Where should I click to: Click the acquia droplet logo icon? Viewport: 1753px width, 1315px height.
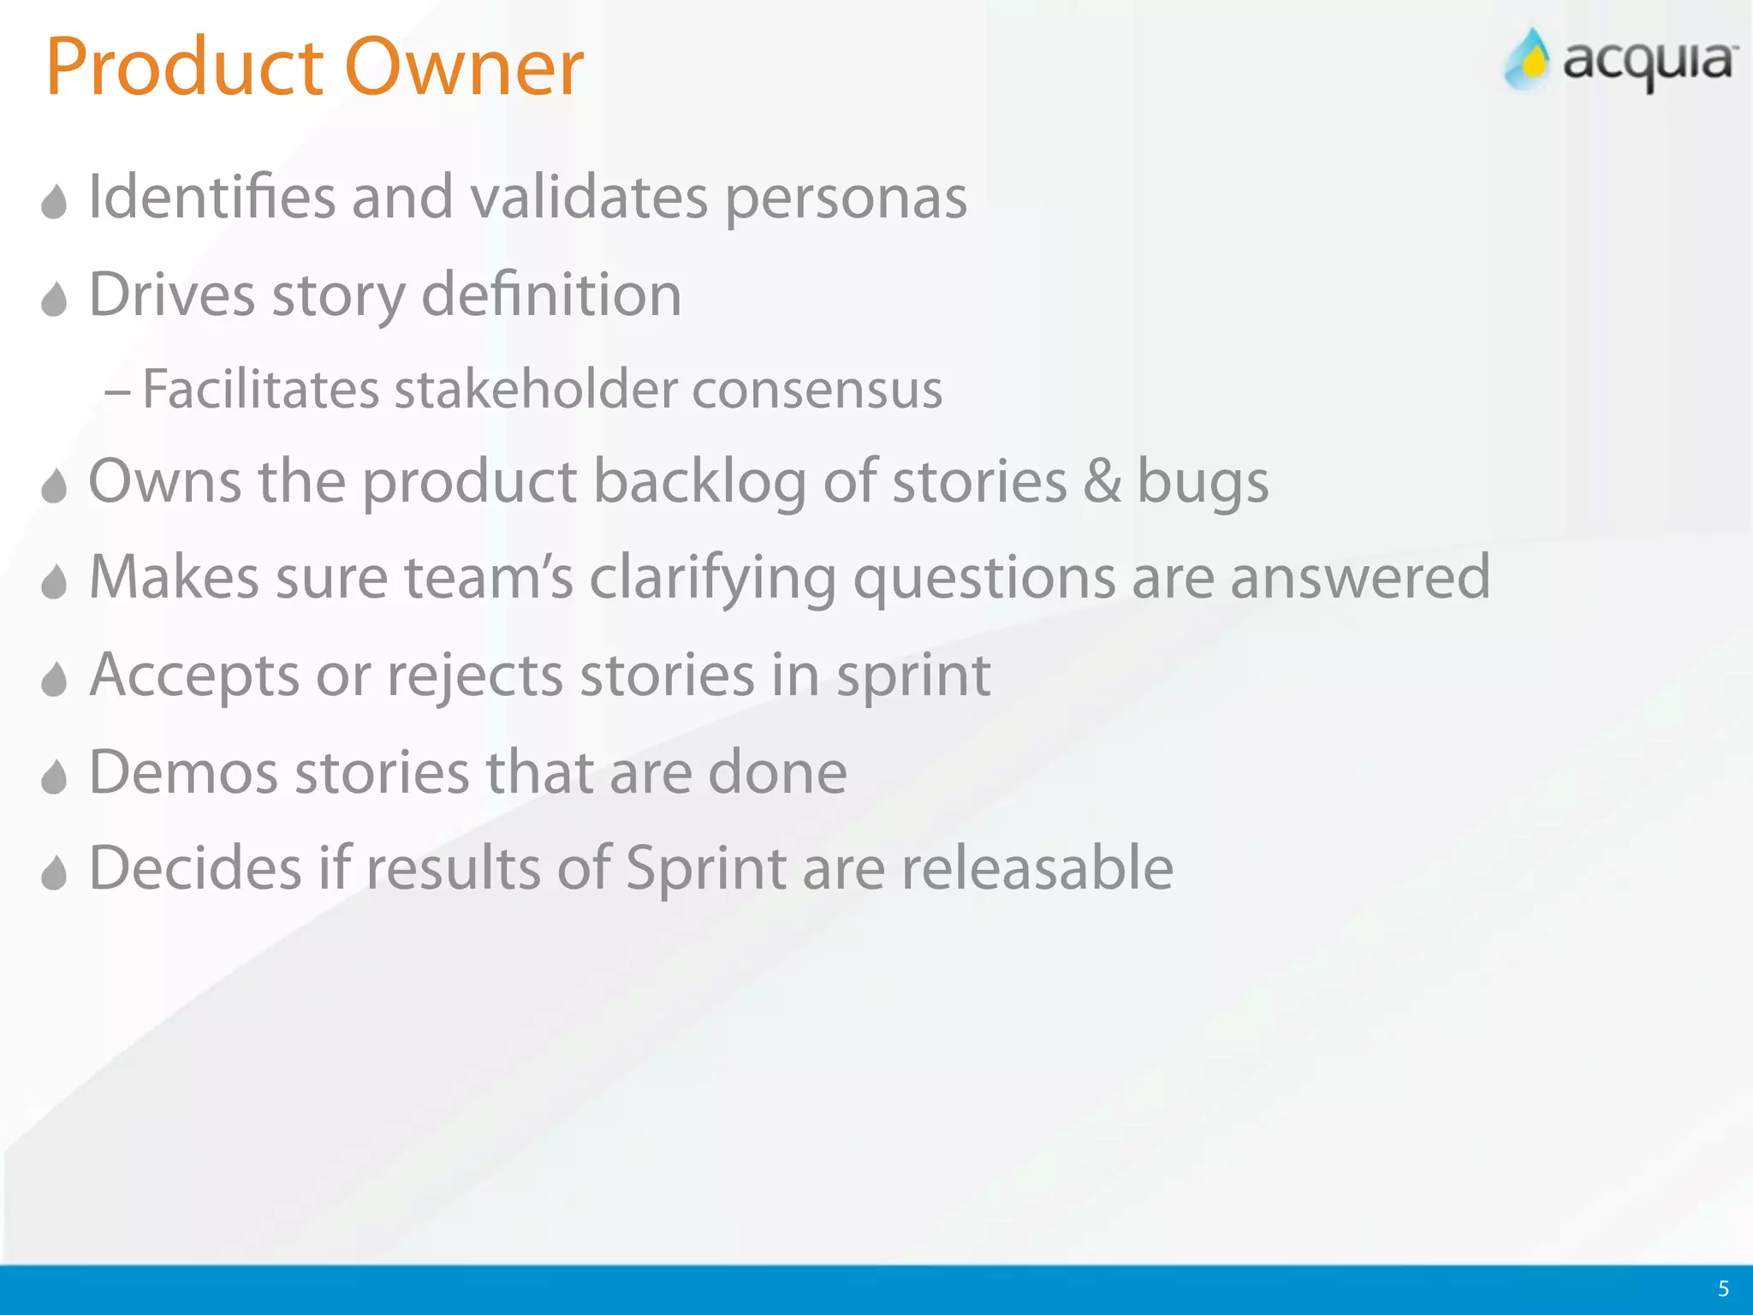1528,60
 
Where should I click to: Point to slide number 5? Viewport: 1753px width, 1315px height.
1723,1288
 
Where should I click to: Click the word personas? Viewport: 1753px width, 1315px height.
846,199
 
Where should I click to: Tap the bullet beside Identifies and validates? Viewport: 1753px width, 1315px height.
54,203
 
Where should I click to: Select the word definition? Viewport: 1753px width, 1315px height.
551,295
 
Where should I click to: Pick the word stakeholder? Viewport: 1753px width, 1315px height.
536,390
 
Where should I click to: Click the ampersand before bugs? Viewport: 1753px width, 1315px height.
1102,481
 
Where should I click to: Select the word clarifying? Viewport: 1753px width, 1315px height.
712,579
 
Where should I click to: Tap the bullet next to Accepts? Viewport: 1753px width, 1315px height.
54,681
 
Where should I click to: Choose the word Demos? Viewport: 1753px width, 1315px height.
183,772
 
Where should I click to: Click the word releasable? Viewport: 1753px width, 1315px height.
1037,868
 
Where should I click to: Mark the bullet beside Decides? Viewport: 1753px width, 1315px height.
54,873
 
